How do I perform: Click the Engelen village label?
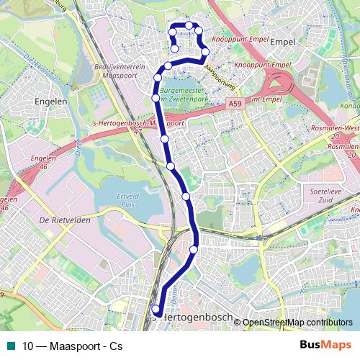55,102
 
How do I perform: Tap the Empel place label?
282,42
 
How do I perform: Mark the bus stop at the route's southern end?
156,310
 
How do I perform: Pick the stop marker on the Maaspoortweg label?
205,52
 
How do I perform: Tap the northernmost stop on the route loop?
189,25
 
